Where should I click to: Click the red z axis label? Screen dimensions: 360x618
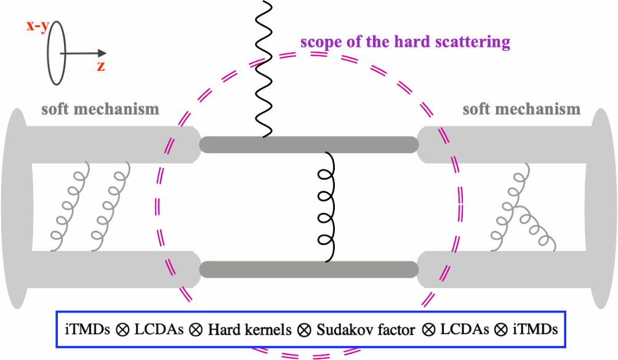tap(100, 66)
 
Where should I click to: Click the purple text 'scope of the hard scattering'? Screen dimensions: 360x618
tap(405, 42)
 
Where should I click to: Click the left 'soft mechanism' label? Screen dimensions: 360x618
tap(100, 110)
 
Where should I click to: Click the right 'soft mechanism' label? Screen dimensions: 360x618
tap(521, 110)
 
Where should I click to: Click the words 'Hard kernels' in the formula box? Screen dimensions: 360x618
tap(249, 329)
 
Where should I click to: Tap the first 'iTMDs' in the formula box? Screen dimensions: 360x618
tap(87, 329)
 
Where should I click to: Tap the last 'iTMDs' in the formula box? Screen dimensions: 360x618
tap(534, 329)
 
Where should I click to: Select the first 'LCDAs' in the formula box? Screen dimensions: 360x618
tap(158, 329)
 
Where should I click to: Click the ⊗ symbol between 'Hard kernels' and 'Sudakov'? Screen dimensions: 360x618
tap(303, 329)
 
